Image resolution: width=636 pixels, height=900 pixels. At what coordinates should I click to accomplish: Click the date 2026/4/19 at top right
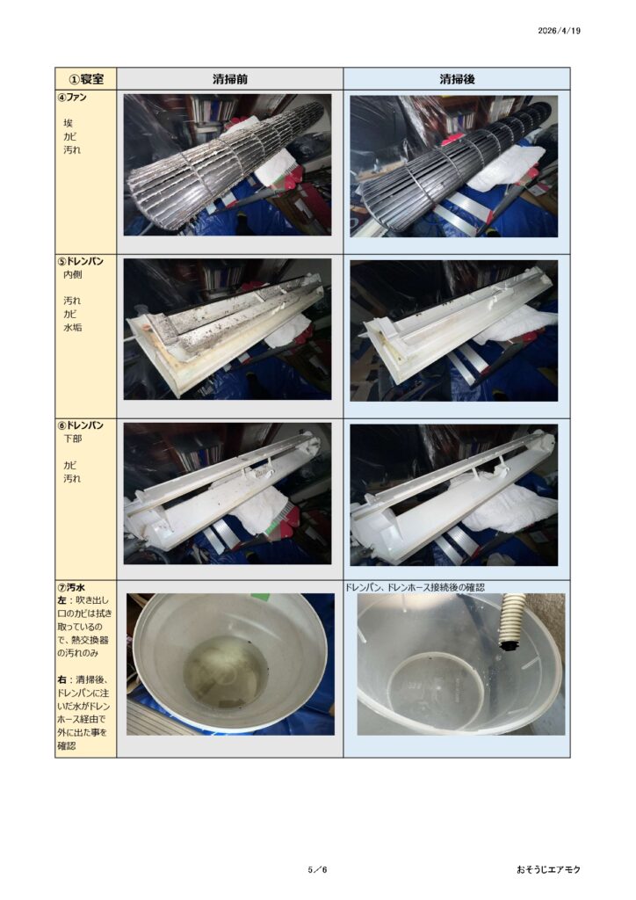[559, 31]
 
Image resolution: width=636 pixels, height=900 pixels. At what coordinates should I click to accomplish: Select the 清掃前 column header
[230, 79]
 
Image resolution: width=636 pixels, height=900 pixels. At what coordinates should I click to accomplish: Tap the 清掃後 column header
[457, 79]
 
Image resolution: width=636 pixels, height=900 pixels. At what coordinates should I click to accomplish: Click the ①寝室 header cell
[87, 79]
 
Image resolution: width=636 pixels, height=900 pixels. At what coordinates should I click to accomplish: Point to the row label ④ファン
[72, 98]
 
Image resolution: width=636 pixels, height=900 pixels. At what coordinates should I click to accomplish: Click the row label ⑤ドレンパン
[81, 261]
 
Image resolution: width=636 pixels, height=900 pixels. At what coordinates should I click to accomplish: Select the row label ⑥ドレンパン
[81, 425]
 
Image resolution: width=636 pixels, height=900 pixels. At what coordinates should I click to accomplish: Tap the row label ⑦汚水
[72, 588]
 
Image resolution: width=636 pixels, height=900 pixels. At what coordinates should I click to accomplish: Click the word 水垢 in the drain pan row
[72, 328]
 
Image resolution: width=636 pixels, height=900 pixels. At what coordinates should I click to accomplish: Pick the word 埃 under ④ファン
[69, 123]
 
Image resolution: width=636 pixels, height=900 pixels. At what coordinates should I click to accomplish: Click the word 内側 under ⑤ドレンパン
[72, 275]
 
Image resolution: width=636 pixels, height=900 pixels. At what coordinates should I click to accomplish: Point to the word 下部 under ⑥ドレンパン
[72, 439]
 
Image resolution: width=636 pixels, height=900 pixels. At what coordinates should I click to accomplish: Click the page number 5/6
[317, 869]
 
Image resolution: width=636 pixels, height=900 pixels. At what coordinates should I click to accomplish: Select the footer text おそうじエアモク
[548, 869]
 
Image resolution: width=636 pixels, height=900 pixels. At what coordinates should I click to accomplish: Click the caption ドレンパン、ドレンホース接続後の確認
[415, 587]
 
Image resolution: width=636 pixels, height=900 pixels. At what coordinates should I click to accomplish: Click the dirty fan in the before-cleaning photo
[224, 166]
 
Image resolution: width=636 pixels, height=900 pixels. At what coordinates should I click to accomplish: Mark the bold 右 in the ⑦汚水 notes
[62, 680]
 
